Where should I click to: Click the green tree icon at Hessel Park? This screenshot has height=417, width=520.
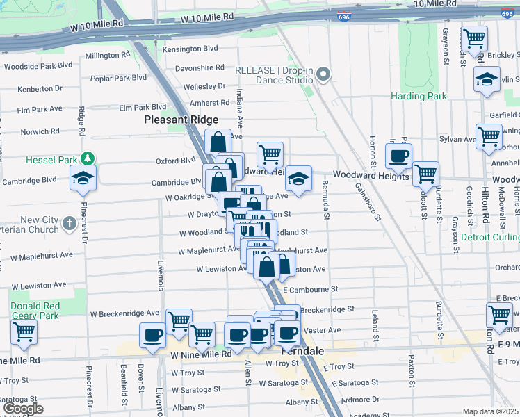pyautogui.click(x=87, y=160)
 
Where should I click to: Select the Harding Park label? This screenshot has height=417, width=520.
pyautogui.click(x=419, y=96)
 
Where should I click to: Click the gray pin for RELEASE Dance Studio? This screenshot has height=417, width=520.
pyautogui.click(x=323, y=75)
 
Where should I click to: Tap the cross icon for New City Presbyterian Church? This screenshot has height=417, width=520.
pyautogui.click(x=68, y=224)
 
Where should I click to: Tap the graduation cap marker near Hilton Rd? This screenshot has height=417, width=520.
pyautogui.click(x=487, y=79)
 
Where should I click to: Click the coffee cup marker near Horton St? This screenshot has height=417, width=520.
pyautogui.click(x=398, y=156)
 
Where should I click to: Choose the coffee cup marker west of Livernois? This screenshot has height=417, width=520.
pyautogui.click(x=153, y=336)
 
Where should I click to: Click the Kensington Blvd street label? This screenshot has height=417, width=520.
pyautogui.click(x=190, y=49)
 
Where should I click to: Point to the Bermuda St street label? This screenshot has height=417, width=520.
pyautogui.click(x=325, y=197)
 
